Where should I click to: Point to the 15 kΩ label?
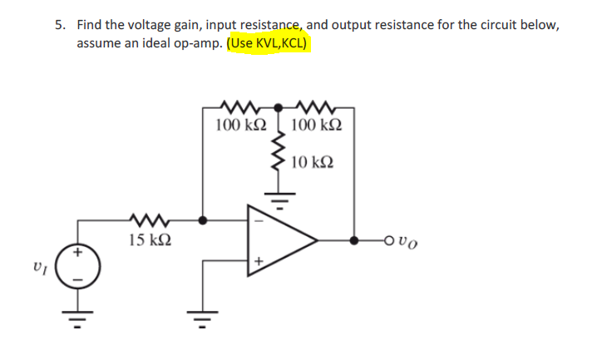pos(151,240)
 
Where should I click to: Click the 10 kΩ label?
pos(313,160)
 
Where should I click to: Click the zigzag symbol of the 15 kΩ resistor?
pos(150,221)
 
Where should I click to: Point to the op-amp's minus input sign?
pos(258,221)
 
